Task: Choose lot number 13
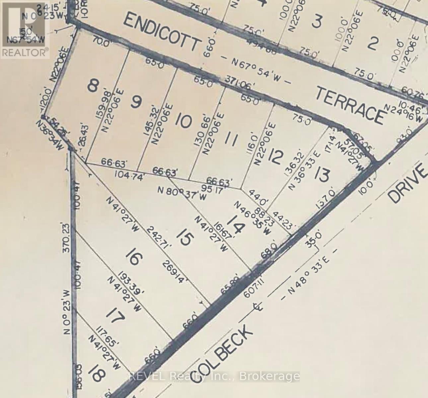click(322, 174)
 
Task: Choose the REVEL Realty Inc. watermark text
click(214, 376)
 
